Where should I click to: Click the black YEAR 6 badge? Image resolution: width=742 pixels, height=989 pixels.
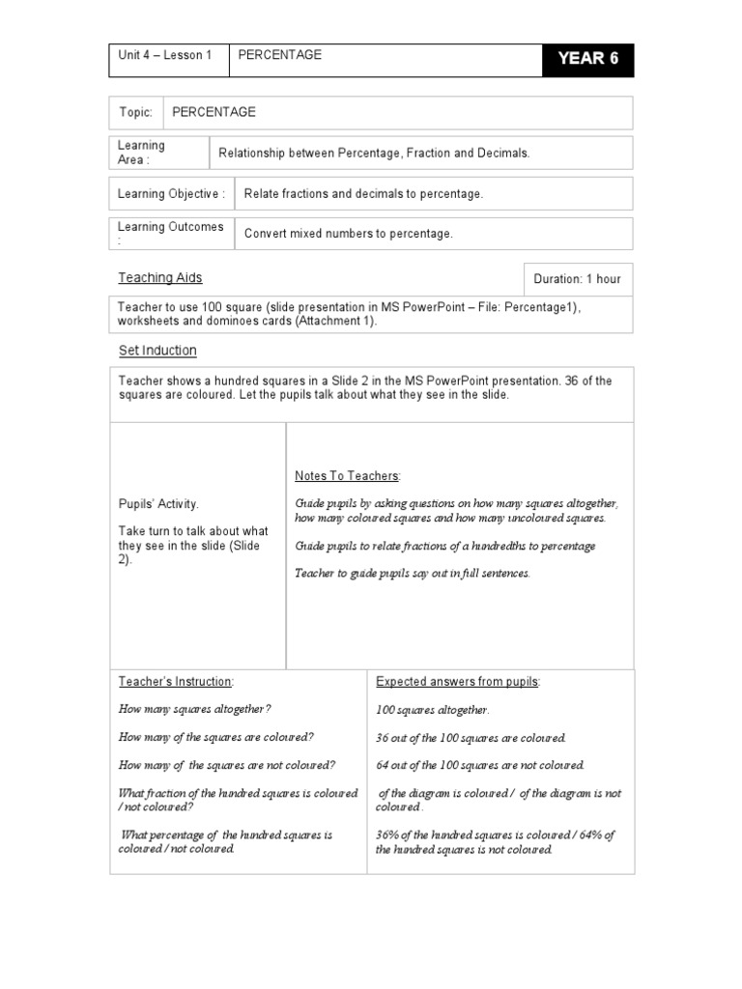pos(587,59)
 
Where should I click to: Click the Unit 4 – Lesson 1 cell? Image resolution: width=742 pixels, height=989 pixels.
pos(164,55)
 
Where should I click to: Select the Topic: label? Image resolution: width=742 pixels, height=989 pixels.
pos(135,112)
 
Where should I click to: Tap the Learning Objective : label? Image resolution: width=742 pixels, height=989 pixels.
pos(171,193)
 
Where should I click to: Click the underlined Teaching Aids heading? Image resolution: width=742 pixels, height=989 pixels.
pos(160,277)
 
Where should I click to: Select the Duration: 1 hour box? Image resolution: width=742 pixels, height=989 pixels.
pos(577,279)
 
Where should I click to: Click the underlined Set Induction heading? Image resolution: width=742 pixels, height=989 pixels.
pos(157,350)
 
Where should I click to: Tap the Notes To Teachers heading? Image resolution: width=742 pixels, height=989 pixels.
pos(347,476)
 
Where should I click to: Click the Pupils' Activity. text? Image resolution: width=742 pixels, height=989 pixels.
pos(158,503)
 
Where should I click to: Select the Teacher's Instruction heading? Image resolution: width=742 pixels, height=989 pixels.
pos(176,681)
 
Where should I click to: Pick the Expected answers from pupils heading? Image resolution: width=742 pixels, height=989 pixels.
pos(458,681)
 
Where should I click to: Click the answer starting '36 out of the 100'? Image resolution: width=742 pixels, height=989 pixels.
pos(471,738)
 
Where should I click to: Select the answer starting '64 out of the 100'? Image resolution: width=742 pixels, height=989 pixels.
pos(480,765)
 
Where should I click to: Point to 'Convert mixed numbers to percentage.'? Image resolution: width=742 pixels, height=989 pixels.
pos(348,233)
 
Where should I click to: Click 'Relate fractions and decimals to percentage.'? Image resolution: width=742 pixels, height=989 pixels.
pos(363,193)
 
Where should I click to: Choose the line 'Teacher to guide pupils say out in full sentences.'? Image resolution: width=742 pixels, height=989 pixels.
pos(413,573)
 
